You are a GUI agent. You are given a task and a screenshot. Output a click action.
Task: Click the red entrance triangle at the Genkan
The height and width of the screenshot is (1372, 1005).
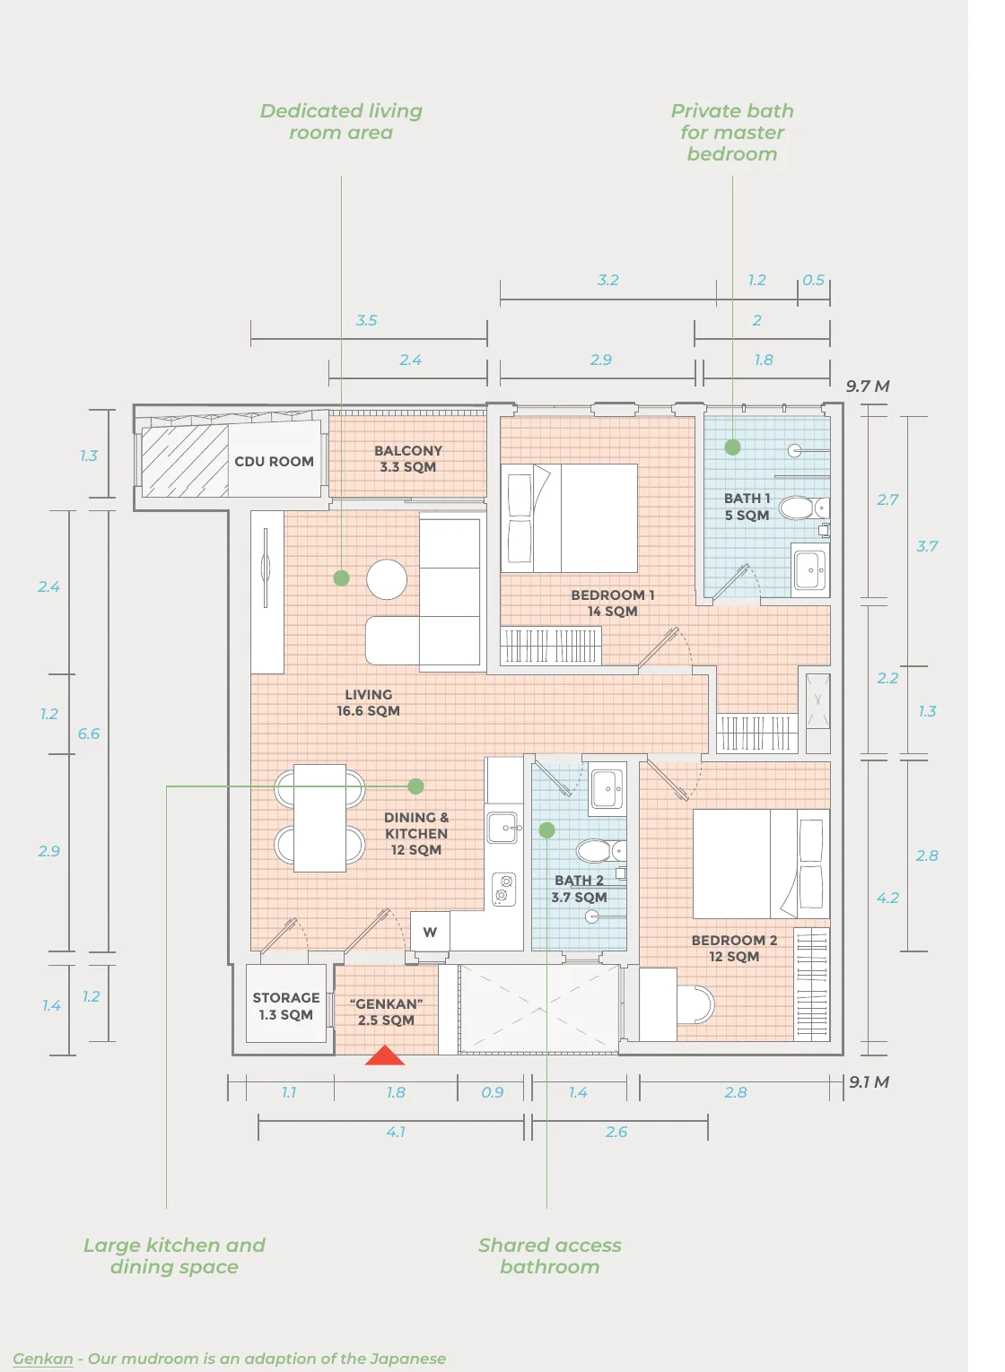point(385,1056)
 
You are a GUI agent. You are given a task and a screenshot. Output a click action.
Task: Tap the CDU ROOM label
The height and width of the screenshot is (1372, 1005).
point(274,461)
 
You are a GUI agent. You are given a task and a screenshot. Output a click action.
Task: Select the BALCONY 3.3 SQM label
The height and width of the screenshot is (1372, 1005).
point(408,458)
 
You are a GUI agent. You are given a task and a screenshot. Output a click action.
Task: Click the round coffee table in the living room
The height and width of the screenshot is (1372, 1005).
point(387,578)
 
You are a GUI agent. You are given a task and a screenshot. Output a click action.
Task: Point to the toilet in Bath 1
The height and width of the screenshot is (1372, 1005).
point(804,508)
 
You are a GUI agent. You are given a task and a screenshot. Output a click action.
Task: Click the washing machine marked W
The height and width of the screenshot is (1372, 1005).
point(430,932)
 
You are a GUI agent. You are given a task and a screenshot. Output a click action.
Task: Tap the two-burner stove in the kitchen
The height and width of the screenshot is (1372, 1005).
point(503,890)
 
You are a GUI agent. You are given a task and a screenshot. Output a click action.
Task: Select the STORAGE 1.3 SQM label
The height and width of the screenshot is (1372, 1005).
point(286,1006)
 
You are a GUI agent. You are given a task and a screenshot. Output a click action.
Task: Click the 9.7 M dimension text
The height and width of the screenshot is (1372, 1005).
point(868,386)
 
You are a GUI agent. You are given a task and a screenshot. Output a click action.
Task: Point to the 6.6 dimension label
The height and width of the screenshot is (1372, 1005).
point(88,734)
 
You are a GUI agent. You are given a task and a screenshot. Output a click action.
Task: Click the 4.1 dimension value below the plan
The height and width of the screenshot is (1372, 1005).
point(396,1132)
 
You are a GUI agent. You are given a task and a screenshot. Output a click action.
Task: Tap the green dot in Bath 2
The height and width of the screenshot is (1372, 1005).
point(546,830)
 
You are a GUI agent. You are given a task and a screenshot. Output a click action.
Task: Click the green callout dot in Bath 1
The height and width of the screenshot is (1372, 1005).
point(732,447)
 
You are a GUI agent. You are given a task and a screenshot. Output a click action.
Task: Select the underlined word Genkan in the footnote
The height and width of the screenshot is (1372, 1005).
point(42,1358)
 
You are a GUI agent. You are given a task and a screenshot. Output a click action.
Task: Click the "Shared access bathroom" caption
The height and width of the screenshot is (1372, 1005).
point(550,1255)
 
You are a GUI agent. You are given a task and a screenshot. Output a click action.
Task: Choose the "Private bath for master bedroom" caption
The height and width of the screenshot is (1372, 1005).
point(732,133)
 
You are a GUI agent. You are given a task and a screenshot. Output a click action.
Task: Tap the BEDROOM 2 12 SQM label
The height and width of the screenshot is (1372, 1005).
point(734,948)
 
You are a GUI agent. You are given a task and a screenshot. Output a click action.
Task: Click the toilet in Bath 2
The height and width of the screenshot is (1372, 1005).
point(600,851)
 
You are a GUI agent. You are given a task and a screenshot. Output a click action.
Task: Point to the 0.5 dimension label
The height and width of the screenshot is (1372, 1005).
point(813,280)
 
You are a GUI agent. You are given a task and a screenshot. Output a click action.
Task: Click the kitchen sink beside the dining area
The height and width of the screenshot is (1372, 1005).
point(503,828)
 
